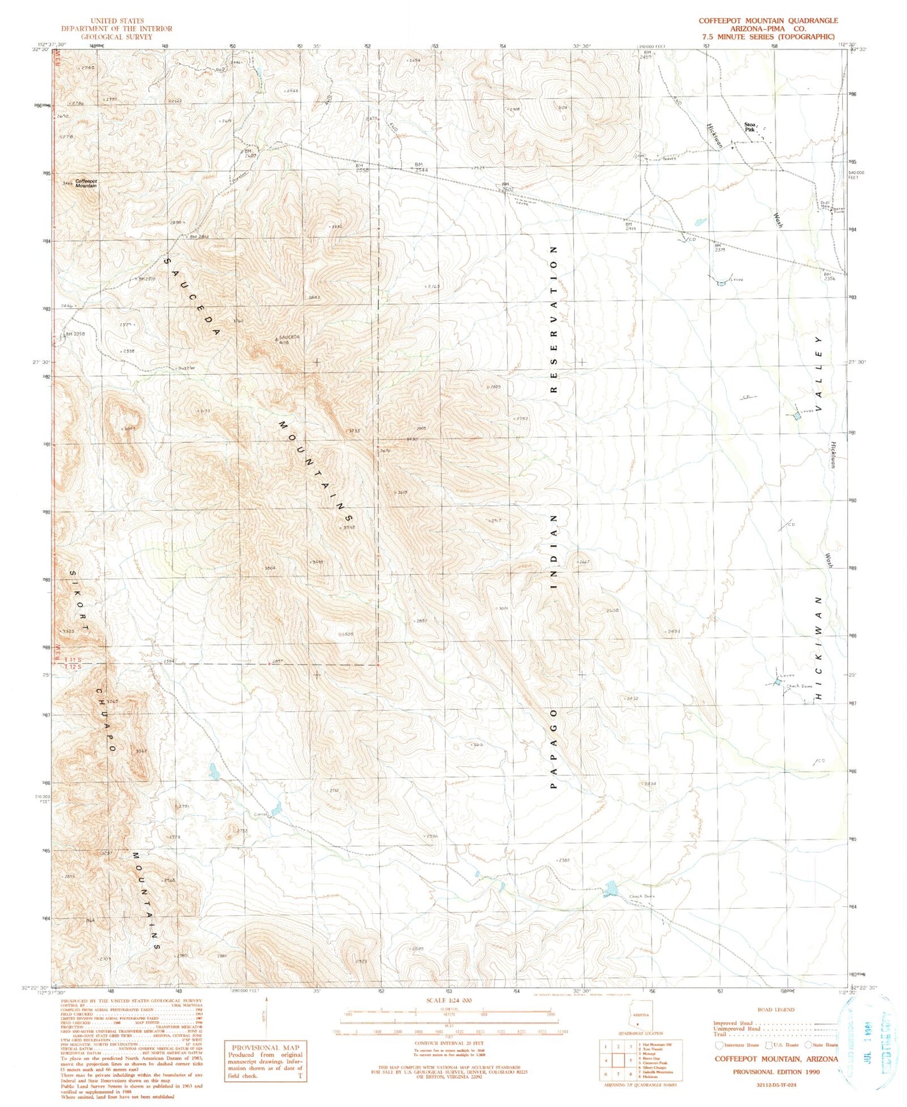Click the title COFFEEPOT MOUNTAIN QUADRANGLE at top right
(768, 21)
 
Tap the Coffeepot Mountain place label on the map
(86, 183)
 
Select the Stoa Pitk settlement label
(749, 127)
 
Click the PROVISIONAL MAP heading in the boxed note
(266, 1047)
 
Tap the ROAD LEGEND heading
(776, 1010)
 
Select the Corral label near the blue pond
(260, 814)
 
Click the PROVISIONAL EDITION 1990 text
(776, 1071)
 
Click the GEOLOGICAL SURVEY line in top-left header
(116, 37)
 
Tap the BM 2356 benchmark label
(830, 276)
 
